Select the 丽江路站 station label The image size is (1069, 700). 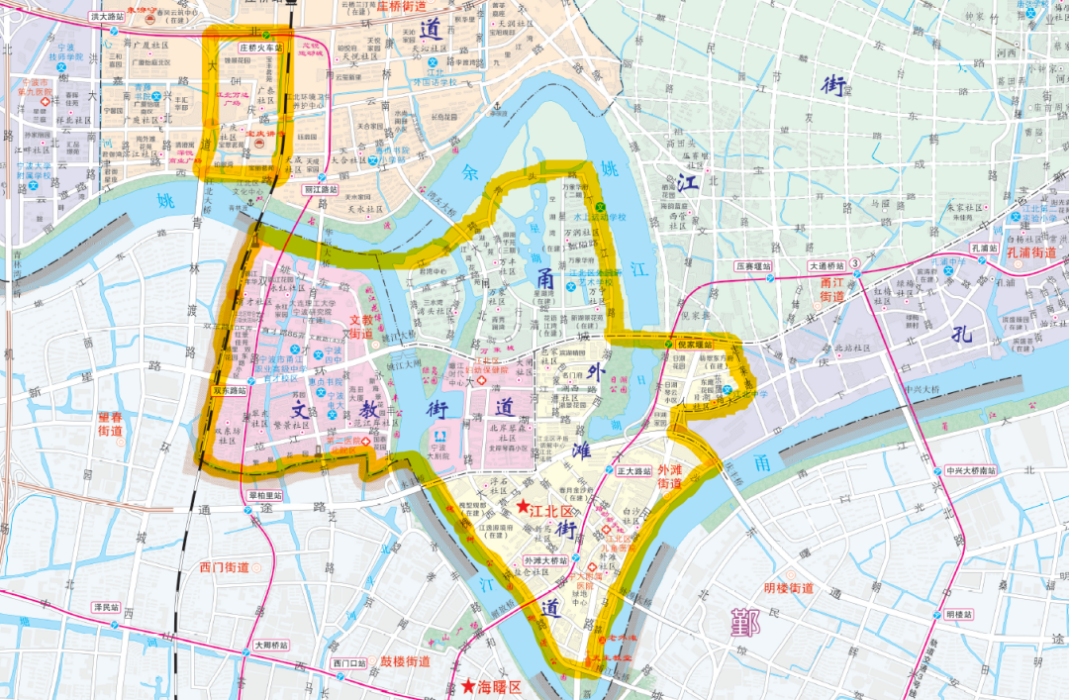pyautogui.click(x=321, y=188)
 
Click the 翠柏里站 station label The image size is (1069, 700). pyautogui.click(x=264, y=495)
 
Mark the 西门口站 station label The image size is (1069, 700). pyautogui.click(x=350, y=662)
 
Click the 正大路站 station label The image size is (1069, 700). pyautogui.click(x=633, y=470)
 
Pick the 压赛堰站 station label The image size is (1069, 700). pyautogui.click(x=752, y=266)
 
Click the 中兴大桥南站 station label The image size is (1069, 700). pyautogui.click(x=973, y=470)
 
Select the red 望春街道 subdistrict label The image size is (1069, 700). pyautogui.click(x=110, y=424)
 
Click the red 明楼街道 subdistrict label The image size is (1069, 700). pyautogui.click(x=789, y=588)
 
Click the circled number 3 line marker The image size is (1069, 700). pyautogui.click(x=854, y=265)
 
